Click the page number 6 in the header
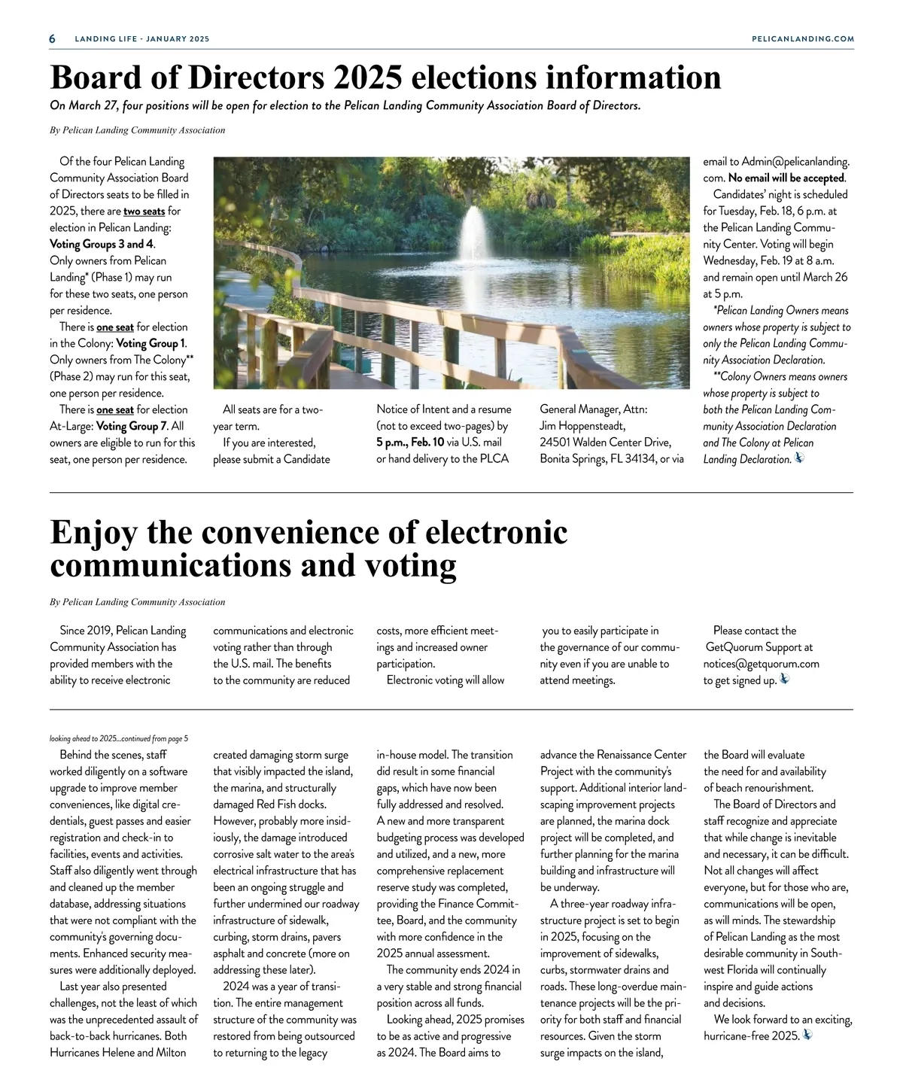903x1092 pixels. pos(53,38)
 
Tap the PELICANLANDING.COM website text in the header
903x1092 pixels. pos(803,38)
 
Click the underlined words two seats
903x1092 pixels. pos(144,211)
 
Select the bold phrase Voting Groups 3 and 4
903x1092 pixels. pos(102,244)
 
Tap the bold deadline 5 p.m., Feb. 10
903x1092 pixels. pos(410,443)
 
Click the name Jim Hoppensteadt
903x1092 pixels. pos(582,426)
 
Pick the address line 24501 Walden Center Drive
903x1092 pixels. pos(605,443)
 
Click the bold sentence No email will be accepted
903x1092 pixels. pos(786,178)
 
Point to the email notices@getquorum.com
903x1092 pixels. pos(761,664)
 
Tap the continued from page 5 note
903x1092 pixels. pos(119,738)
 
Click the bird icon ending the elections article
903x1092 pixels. pos(799,458)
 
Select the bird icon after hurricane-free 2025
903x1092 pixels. pos(807,1035)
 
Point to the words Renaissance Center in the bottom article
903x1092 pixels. pos(642,755)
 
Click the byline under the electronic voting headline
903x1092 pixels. pos(137,602)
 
